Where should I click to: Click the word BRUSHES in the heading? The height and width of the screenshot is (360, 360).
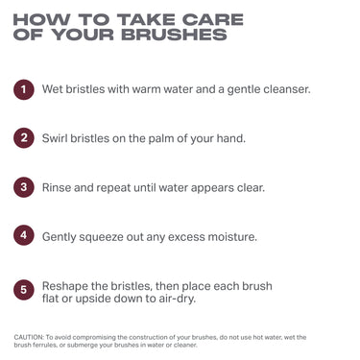[181, 36]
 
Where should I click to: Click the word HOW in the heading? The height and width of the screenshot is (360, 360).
[41, 18]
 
